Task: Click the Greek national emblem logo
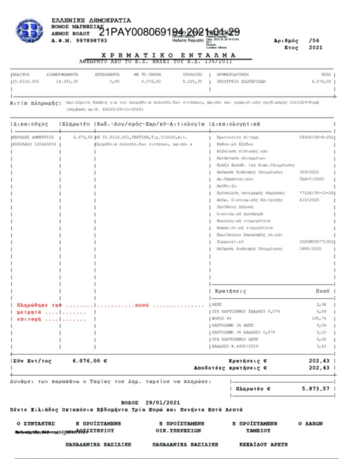click(29, 30)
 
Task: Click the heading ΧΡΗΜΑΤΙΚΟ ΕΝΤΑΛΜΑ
click(169, 55)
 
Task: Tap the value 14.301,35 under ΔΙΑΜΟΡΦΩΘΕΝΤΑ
click(67, 82)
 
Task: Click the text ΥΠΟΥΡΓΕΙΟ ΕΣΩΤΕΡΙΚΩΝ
click(241, 82)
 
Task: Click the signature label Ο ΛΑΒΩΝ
click(310, 423)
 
